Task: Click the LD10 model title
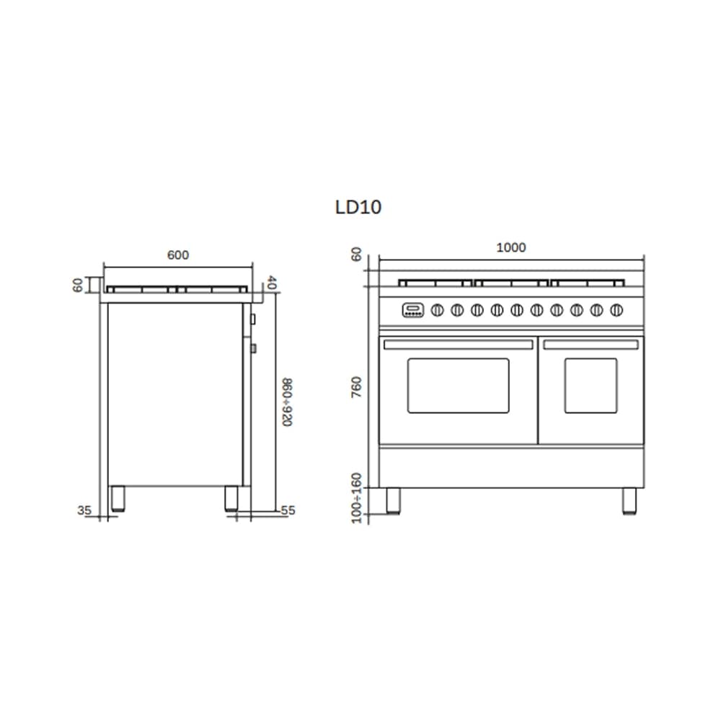[358, 208]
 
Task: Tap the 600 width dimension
[177, 255]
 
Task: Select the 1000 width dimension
[511, 248]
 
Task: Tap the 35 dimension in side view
[84, 510]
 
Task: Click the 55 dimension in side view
[288, 510]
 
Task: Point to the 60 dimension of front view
[355, 255]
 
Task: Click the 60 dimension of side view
[79, 285]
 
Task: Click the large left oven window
[458, 385]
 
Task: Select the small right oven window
[590, 385]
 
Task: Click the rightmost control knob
[616, 310]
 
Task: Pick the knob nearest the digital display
[436, 310]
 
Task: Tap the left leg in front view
[393, 500]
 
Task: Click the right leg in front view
[629, 500]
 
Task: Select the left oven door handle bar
[458, 345]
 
